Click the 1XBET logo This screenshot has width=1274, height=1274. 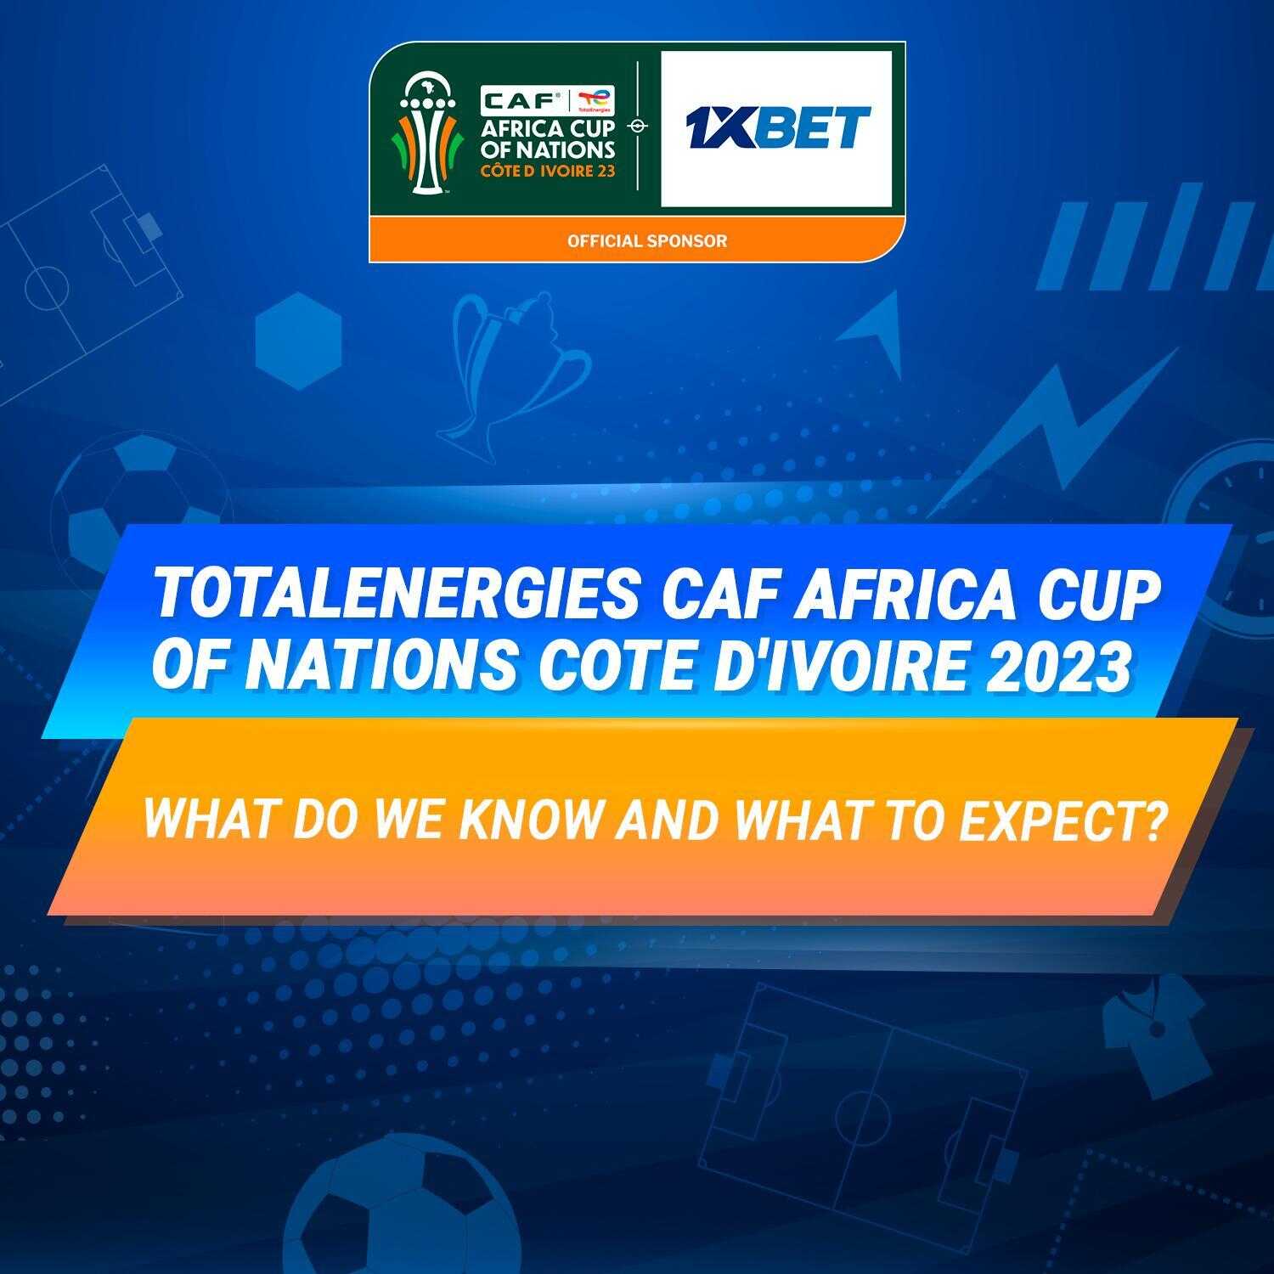pos(776,127)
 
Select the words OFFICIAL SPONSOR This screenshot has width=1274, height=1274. pos(647,241)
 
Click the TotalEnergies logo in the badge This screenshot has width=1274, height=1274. pos(595,100)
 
